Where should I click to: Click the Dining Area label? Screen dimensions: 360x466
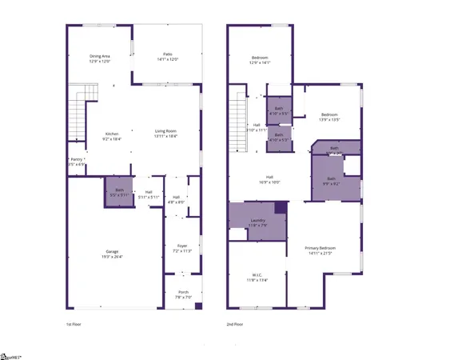pyautogui.click(x=100, y=56)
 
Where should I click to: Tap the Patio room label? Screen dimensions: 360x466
pyautogui.click(x=166, y=54)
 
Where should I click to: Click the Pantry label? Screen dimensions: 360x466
pyautogui.click(x=75, y=160)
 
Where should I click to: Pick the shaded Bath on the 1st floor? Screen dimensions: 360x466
pyautogui.click(x=118, y=191)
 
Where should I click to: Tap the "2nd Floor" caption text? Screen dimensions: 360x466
pyautogui.click(x=237, y=325)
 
